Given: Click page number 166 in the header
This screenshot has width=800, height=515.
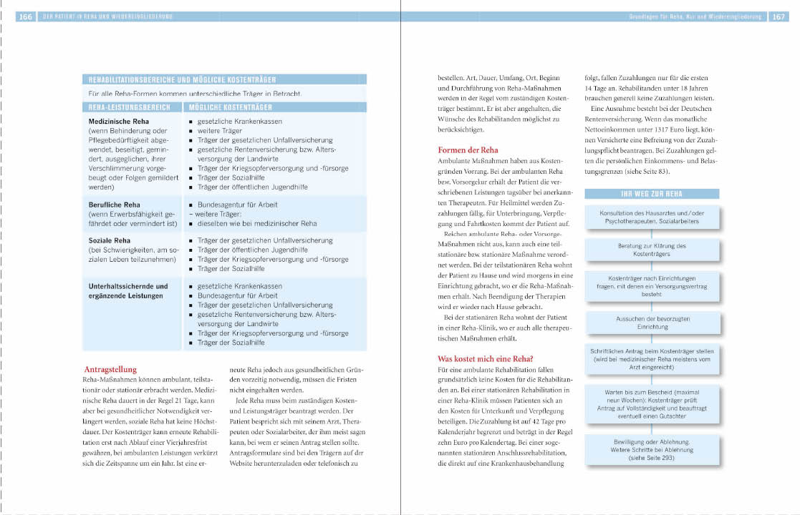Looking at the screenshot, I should click(x=25, y=16).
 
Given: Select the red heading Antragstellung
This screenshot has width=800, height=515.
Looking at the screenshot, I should click(x=110, y=369).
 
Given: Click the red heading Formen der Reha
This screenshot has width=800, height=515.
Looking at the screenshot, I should click(x=468, y=150).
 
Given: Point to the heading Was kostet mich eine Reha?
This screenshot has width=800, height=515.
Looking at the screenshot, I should click(x=486, y=358).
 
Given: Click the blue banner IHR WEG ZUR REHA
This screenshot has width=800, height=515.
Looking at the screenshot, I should click(x=652, y=194).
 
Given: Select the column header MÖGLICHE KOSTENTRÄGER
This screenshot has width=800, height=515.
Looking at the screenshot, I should click(x=230, y=107).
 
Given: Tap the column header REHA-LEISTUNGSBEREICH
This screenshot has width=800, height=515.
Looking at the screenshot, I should click(x=130, y=107).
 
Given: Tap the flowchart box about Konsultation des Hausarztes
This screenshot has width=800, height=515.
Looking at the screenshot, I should click(x=652, y=217).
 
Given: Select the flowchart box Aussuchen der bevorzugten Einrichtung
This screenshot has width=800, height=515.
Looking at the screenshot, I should click(x=652, y=323).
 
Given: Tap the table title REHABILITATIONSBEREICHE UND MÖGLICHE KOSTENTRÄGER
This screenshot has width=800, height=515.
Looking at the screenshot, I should click(x=182, y=80).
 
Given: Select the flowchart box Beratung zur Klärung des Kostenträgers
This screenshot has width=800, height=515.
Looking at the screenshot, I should click(x=652, y=250).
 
